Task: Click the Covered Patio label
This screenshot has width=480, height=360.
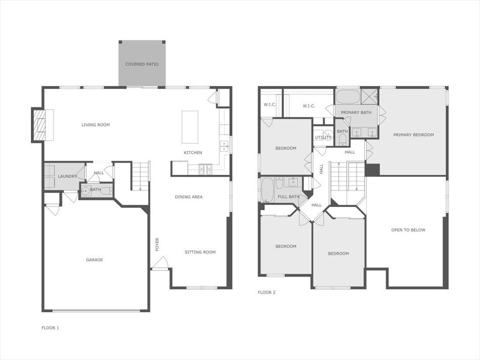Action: [x=142, y=64]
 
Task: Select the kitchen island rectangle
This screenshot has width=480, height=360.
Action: [x=190, y=127]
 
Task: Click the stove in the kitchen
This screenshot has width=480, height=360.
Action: [x=205, y=169]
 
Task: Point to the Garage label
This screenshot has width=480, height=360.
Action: [x=94, y=260]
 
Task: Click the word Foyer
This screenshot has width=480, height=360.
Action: [x=157, y=244]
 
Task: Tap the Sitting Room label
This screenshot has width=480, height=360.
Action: [x=200, y=252]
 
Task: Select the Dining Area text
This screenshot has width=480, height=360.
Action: [x=189, y=197]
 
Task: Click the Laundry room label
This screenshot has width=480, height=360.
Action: [x=67, y=176]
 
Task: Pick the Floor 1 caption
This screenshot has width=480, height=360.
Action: [x=51, y=328]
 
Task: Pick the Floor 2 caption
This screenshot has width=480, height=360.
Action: [x=267, y=292]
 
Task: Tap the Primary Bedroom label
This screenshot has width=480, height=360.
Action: [x=413, y=135]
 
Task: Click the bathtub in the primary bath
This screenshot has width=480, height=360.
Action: [x=347, y=97]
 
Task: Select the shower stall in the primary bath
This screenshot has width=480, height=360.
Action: [x=370, y=96]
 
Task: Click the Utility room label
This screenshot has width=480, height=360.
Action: [x=323, y=138]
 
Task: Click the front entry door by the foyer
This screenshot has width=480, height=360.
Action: [x=160, y=264]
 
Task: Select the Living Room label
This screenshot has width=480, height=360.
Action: [x=96, y=125]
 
